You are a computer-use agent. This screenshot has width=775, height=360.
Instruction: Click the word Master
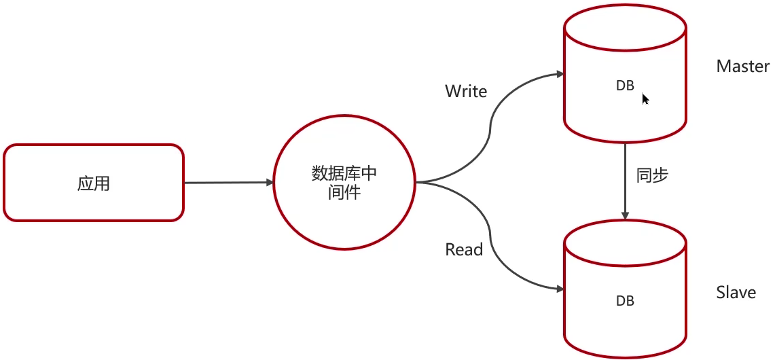[742, 67]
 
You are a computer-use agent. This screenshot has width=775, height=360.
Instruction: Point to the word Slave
[736, 293]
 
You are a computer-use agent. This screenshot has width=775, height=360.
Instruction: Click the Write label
[466, 91]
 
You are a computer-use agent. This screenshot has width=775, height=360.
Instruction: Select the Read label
[464, 249]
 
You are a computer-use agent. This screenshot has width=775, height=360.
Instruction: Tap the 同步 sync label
[652, 175]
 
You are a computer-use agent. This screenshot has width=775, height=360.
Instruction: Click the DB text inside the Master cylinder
[625, 86]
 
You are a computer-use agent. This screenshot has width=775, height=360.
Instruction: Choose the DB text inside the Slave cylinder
[625, 300]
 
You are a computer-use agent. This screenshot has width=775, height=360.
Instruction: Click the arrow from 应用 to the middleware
[228, 182]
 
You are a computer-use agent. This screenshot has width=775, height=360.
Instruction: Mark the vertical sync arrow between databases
[625, 180]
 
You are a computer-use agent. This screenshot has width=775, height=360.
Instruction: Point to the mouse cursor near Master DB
[645, 99]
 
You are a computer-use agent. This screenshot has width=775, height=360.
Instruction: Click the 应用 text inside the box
[94, 183]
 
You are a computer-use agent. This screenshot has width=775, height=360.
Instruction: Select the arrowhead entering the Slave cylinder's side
[559, 288]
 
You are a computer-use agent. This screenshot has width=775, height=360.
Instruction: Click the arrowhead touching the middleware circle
[268, 182]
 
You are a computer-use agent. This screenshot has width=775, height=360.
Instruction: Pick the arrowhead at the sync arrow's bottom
[625, 214]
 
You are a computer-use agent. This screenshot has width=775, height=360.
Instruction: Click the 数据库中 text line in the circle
[344, 174]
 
